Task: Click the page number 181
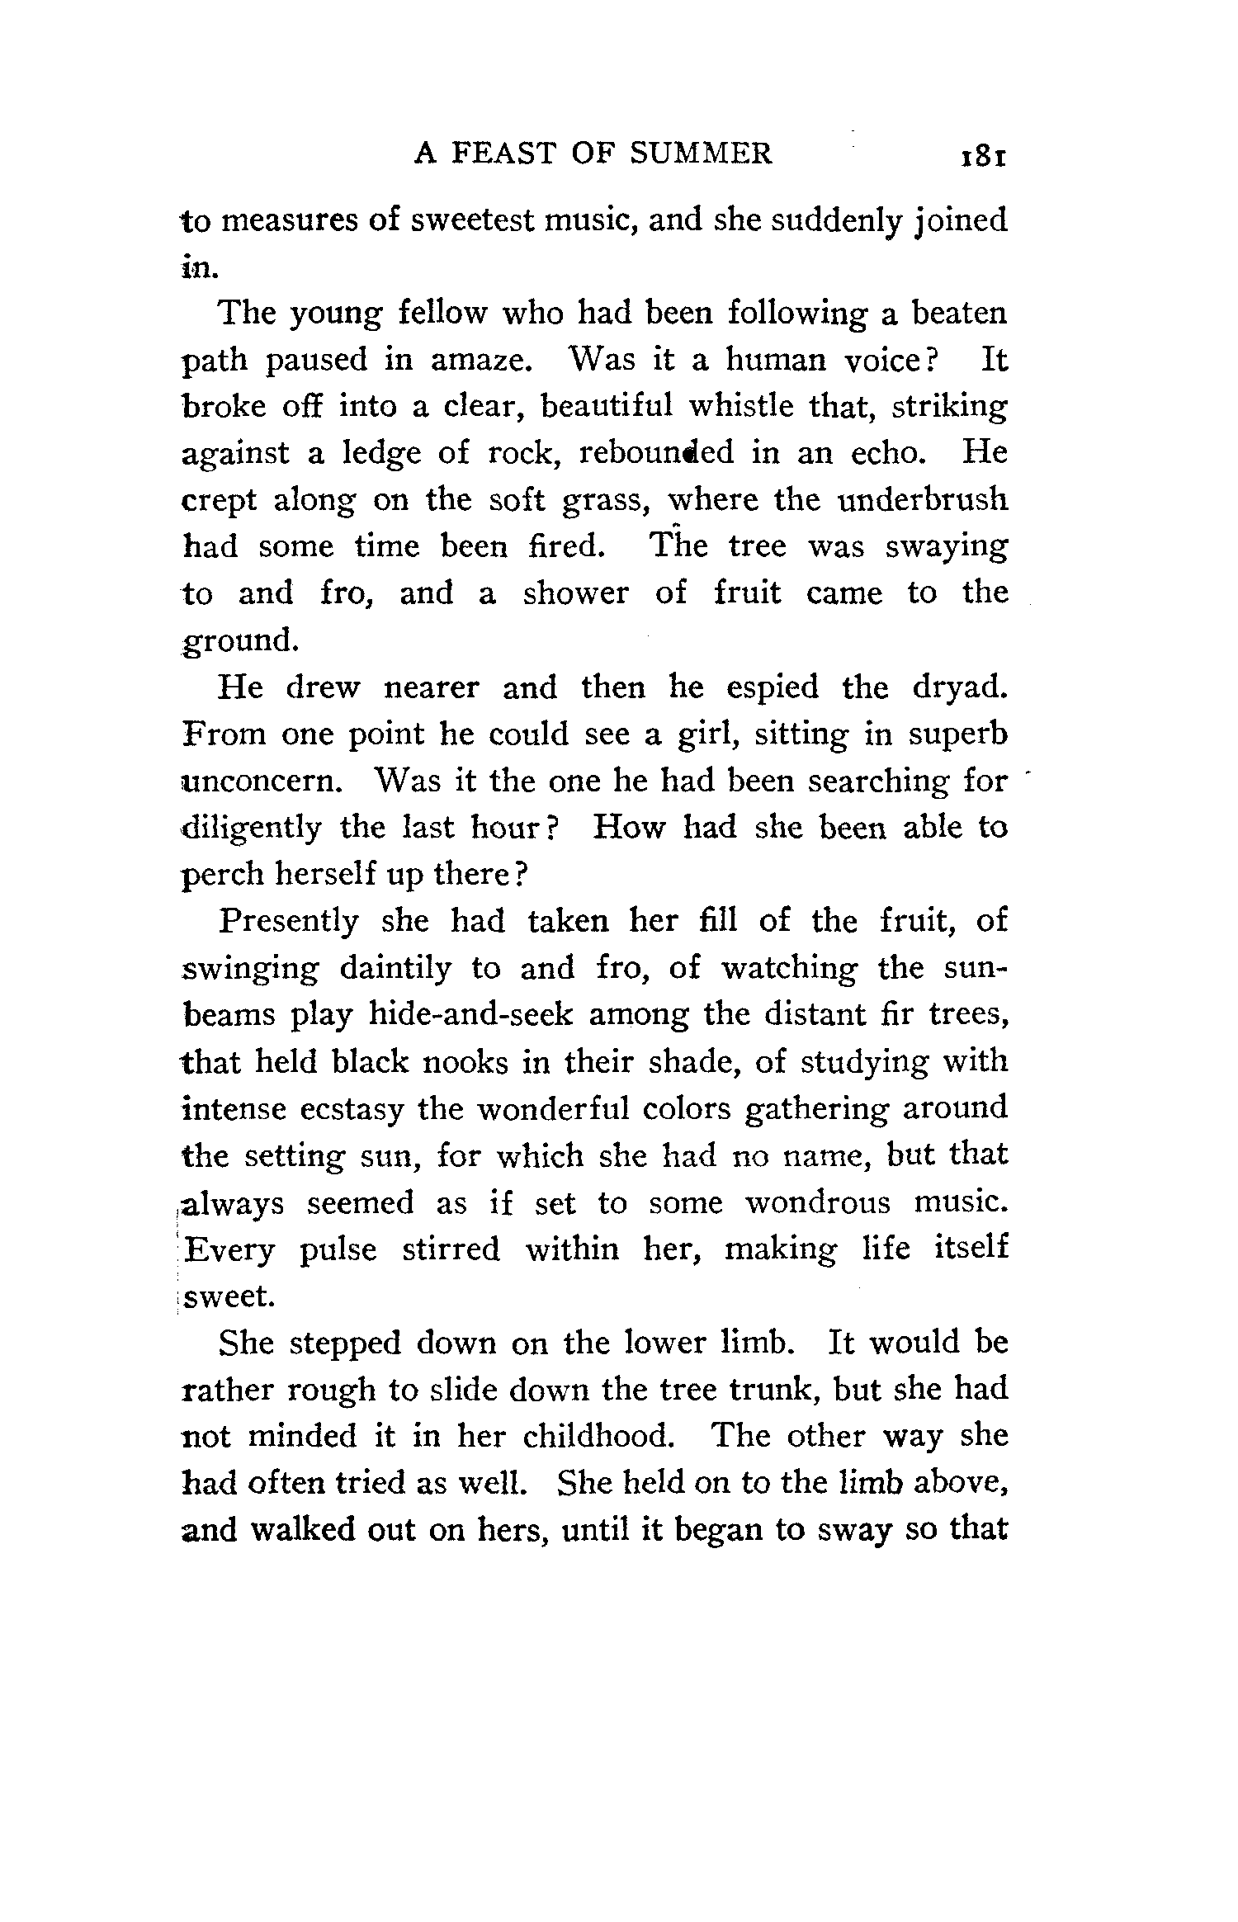click(x=980, y=156)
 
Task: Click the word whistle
click(x=741, y=406)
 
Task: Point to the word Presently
click(x=289, y=921)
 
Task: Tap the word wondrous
click(x=818, y=1202)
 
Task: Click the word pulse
click(x=338, y=1249)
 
